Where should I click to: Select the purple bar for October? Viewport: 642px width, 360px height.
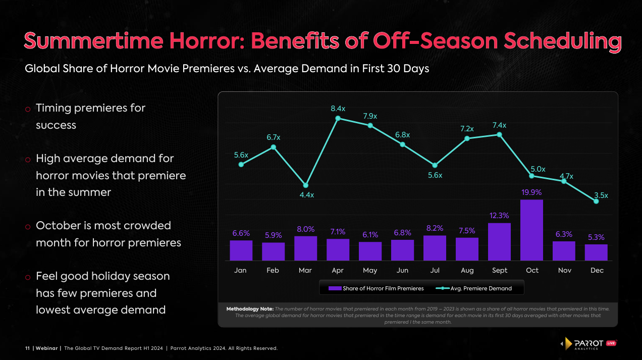(x=532, y=230)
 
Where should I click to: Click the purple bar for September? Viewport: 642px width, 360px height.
(x=500, y=241)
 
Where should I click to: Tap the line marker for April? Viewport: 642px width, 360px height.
(x=338, y=118)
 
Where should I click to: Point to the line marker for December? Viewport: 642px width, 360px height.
(x=597, y=201)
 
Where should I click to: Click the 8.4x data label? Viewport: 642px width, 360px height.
(x=338, y=108)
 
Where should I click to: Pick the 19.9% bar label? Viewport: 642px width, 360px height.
(x=532, y=192)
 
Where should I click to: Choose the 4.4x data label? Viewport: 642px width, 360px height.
(x=305, y=195)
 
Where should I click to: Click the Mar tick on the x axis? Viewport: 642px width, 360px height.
(x=305, y=271)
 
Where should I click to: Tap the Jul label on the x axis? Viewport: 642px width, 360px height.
(x=435, y=271)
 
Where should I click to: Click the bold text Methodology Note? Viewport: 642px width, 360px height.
(x=250, y=308)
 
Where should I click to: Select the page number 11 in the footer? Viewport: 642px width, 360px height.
(x=28, y=348)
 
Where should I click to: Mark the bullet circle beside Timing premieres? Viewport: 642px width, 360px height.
(x=28, y=109)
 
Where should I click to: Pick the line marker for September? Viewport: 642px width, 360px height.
(x=500, y=134)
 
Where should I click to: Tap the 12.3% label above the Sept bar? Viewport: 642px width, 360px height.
(x=500, y=216)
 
